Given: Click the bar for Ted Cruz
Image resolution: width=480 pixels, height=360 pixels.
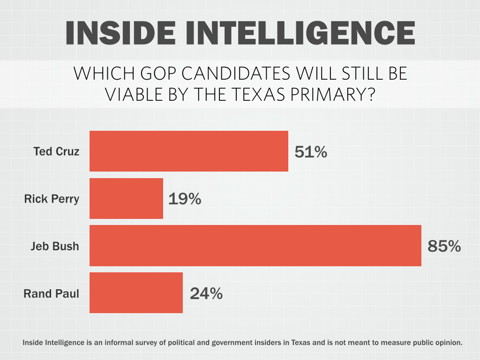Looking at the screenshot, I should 188,151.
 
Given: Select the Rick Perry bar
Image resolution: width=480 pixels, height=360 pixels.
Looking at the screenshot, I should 126,198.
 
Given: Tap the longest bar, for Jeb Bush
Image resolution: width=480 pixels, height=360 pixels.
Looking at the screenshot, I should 255,246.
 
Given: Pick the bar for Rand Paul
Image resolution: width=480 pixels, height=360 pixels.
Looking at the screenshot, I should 136,293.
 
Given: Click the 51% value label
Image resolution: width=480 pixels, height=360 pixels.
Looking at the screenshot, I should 311,152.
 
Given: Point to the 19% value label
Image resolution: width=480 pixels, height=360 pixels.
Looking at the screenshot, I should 185,199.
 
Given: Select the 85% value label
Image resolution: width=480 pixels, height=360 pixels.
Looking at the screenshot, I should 444,246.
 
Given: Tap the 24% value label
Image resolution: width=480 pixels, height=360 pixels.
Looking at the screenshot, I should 206,293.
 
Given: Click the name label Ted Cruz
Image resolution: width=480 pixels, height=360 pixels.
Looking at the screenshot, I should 56,151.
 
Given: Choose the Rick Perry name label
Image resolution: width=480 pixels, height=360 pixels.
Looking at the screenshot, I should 52,199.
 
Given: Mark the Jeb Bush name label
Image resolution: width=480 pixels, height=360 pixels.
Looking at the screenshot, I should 55,246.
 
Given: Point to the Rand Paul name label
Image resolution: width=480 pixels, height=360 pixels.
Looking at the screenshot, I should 51,294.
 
